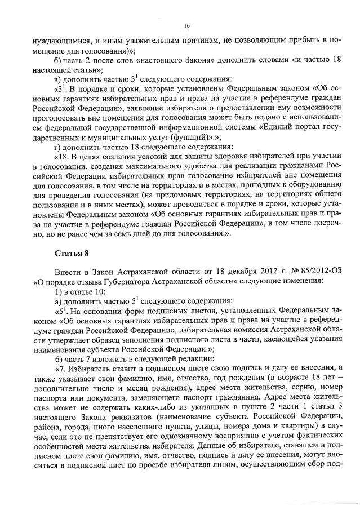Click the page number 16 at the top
186,25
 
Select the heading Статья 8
72,259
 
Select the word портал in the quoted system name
292,125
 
